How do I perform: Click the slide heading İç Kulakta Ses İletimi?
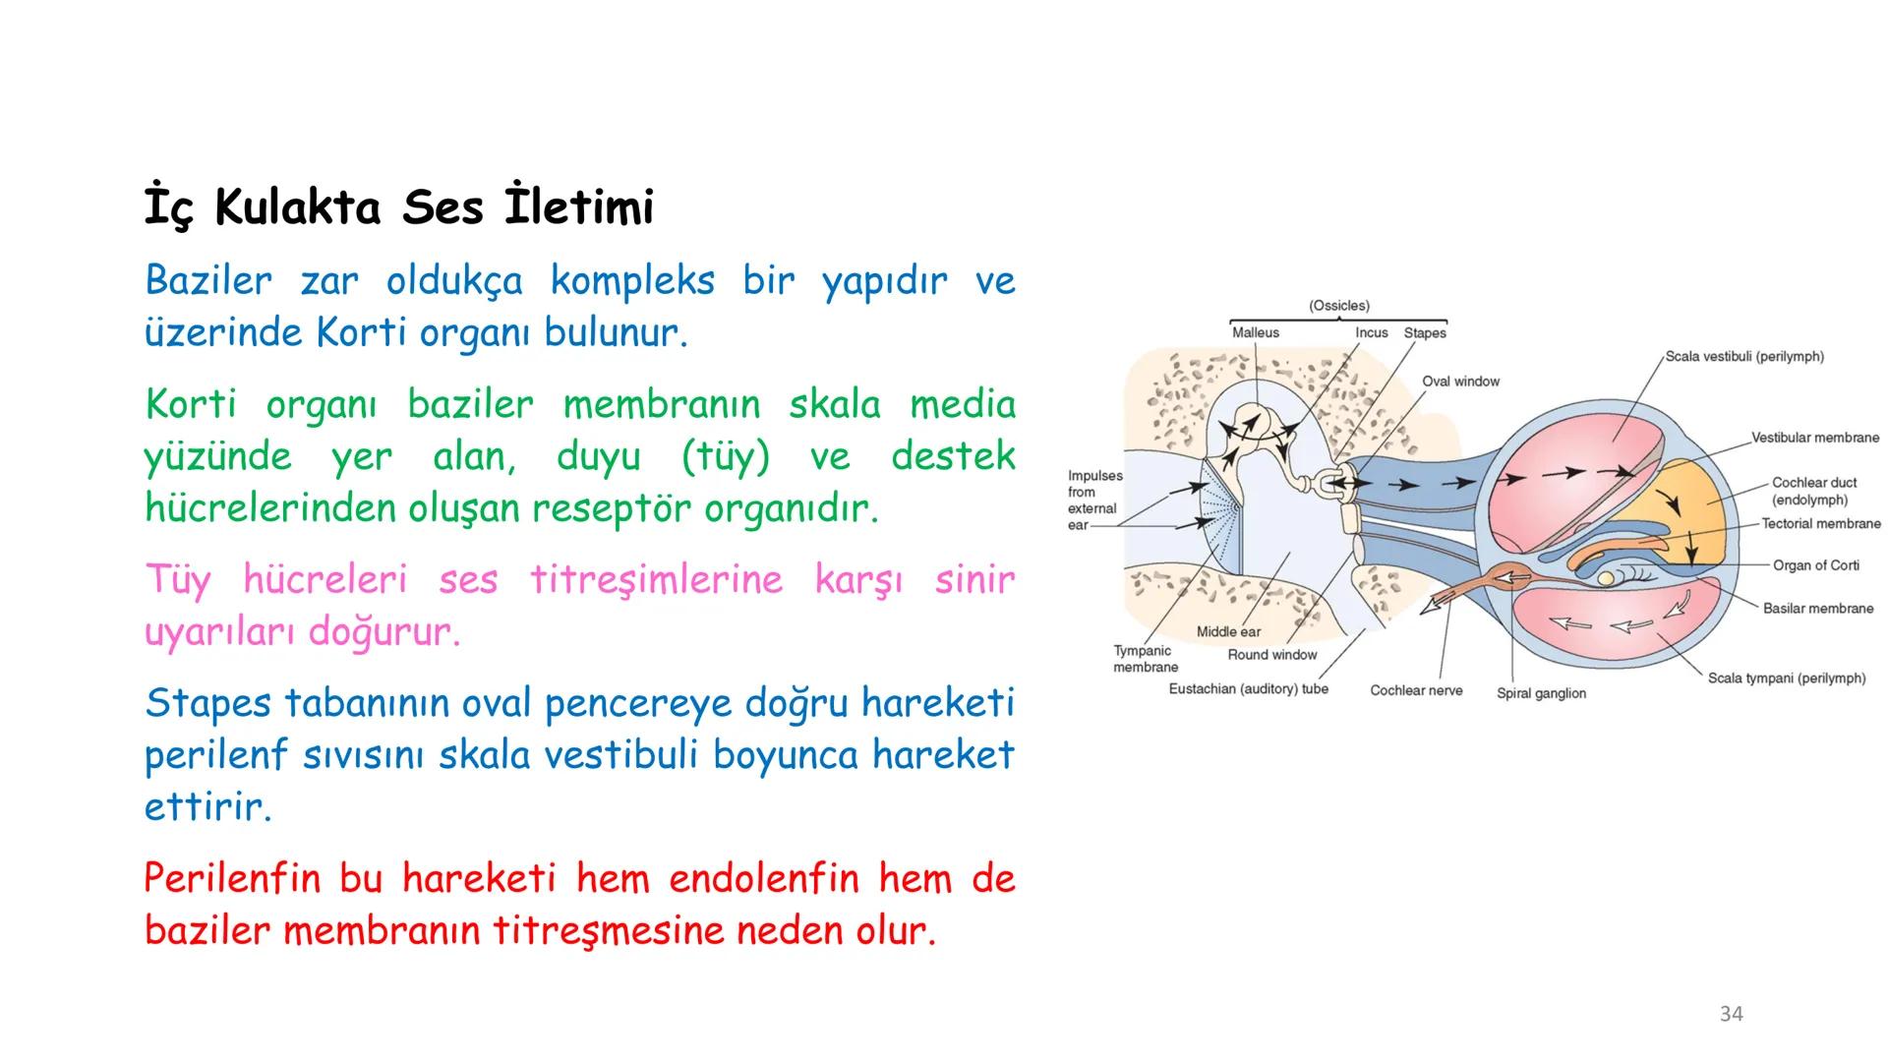tap(398, 208)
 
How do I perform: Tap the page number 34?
tap(1731, 1014)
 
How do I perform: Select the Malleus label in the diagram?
tap(1255, 333)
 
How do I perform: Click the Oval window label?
tap(1460, 382)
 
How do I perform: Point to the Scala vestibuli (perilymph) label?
tap(1743, 357)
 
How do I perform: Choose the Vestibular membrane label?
tap(1814, 438)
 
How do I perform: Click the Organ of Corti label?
tap(1815, 565)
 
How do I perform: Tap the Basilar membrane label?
tap(1817, 609)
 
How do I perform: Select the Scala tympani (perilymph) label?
tap(1786, 678)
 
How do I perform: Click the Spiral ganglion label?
tap(1541, 693)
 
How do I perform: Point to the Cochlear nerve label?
tap(1416, 691)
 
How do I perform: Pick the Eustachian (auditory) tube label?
tap(1248, 689)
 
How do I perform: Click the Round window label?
tap(1271, 655)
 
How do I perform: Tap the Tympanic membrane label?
tap(1145, 659)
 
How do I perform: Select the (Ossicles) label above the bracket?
tap(1338, 306)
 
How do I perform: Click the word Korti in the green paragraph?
tap(191, 405)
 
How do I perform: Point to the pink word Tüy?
tap(177, 579)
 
